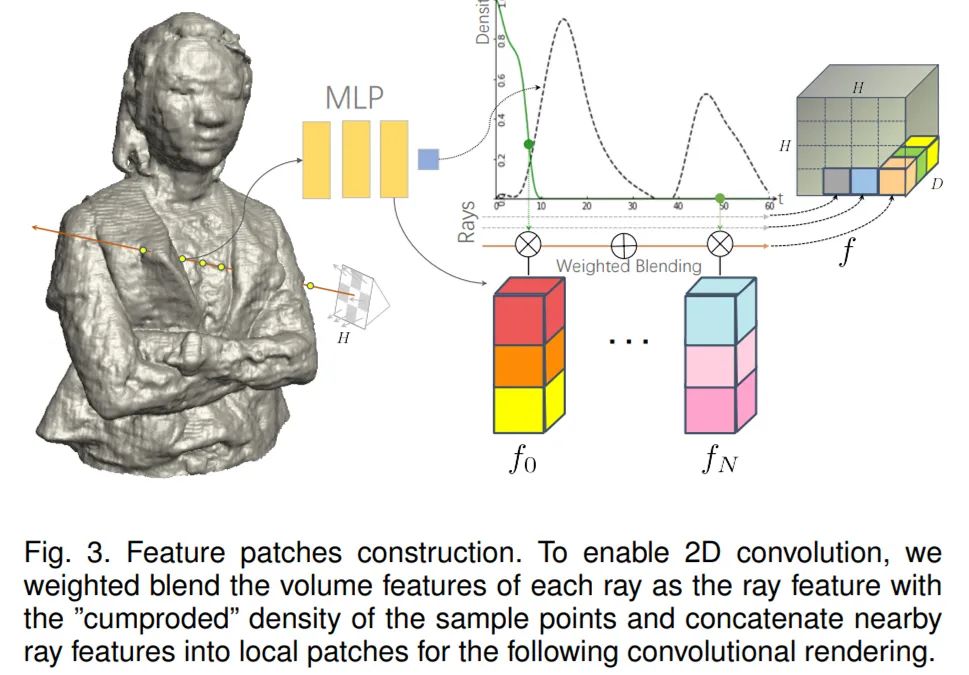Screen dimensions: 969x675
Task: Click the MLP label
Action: point(355,98)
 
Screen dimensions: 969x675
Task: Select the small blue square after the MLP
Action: point(428,158)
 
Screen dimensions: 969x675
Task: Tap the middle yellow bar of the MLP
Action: point(355,159)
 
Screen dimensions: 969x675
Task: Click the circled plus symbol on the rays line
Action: point(624,244)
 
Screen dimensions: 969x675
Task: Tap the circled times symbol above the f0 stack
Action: point(527,244)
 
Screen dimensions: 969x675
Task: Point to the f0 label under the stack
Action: point(522,461)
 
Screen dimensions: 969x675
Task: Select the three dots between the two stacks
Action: point(629,342)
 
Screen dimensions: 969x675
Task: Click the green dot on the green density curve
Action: point(529,145)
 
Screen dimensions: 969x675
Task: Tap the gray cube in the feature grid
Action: point(835,181)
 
